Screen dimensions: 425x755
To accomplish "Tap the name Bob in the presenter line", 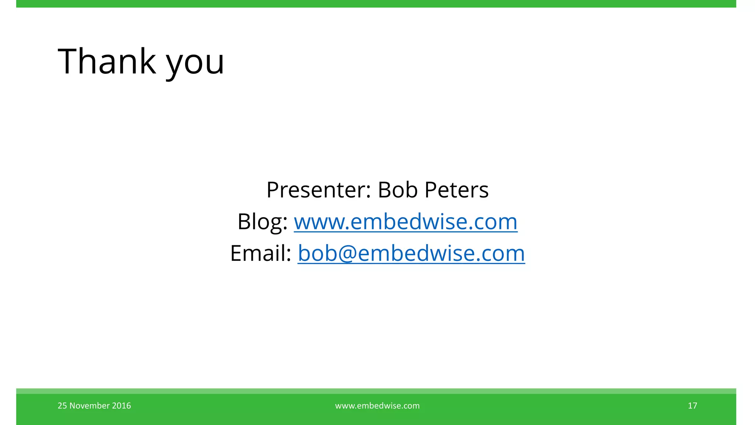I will tap(397, 190).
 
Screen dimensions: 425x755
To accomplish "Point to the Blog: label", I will tap(262, 222).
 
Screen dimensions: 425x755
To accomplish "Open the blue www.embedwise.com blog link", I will tap(406, 222).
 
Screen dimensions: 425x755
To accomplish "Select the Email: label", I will tap(261, 253).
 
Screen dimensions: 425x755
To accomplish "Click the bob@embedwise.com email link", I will tap(411, 253).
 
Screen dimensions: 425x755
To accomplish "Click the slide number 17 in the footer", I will tap(692, 406).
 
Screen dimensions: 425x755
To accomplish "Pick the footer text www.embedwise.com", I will tap(377, 406).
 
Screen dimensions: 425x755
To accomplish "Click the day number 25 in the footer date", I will tap(62, 406).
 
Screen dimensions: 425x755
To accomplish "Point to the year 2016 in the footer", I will tap(122, 406).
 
